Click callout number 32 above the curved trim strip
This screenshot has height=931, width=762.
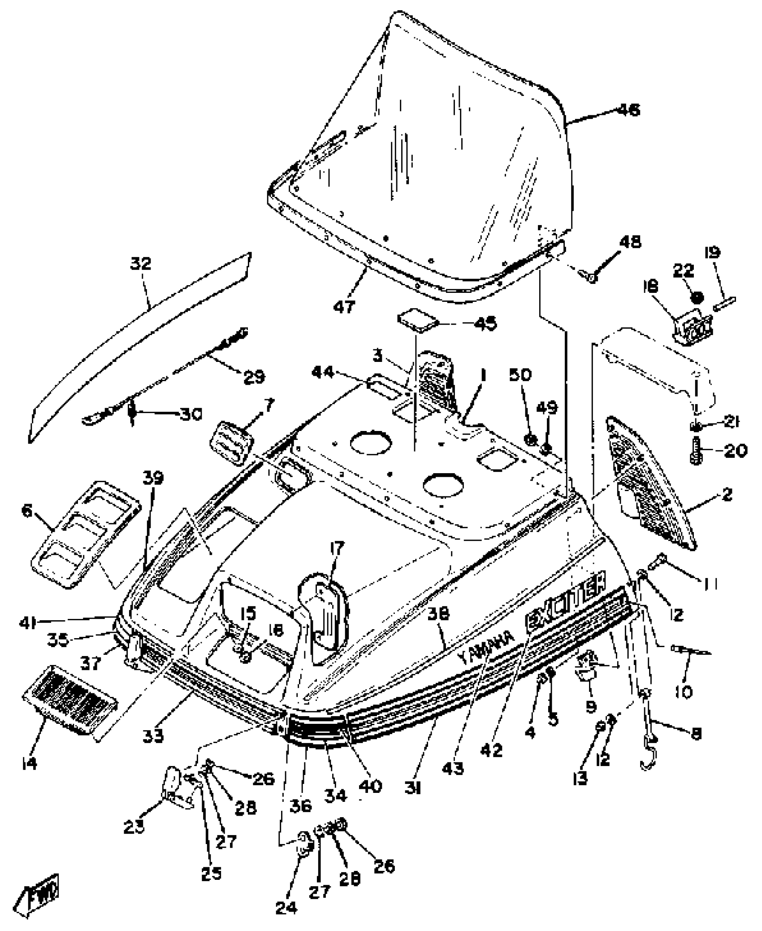coord(141,264)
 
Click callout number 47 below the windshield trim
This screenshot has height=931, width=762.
coord(344,306)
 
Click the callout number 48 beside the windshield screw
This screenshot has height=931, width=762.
coord(630,242)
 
